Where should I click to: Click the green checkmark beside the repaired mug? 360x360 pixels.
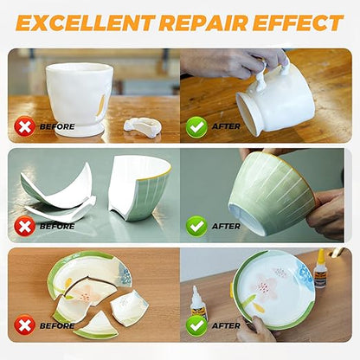[196, 126]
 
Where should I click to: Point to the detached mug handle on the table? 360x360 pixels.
[142, 126]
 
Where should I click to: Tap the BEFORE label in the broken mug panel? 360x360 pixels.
[57, 126]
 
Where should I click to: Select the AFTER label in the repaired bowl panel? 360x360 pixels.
[227, 226]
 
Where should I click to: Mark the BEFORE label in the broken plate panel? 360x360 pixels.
[57, 325]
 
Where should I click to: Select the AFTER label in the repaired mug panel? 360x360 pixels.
[227, 126]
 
